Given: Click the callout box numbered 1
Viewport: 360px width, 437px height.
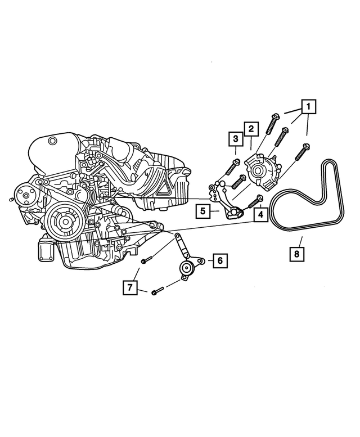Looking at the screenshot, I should tap(308, 105).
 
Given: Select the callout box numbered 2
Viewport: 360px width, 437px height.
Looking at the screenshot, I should tap(251, 129).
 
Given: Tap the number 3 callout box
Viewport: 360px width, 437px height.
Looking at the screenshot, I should tap(235, 138).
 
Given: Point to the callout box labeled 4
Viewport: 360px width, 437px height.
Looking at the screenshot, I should tap(260, 214).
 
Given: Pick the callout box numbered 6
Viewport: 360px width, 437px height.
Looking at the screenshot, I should tap(220, 260).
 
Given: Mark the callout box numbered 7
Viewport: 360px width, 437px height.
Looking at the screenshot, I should tap(130, 288).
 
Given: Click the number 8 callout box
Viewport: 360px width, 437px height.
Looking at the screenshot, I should tap(298, 254).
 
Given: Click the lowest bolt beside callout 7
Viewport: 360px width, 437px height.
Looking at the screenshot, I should tap(157, 291).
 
